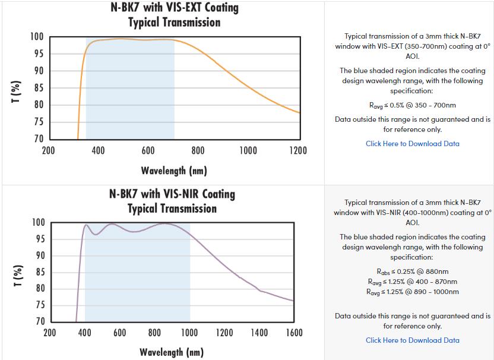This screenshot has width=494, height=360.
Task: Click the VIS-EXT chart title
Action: coord(174,15)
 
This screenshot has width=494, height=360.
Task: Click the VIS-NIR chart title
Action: coord(172,201)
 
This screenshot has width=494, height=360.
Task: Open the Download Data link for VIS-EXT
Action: coord(412,143)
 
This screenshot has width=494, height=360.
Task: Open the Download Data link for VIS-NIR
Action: coord(412,340)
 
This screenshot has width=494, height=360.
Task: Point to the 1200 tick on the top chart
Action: coord(297,150)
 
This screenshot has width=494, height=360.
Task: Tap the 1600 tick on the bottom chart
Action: coord(293,333)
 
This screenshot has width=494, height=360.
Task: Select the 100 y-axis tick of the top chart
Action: coord(37,37)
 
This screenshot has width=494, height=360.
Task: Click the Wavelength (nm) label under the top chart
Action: coord(173,171)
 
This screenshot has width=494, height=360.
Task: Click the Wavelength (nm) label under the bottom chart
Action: coord(171,352)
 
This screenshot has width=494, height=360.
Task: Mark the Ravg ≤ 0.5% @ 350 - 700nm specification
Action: coord(412,105)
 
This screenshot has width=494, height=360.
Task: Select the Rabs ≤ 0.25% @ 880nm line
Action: coord(412,271)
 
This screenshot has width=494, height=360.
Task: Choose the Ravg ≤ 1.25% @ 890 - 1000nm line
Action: coord(412,292)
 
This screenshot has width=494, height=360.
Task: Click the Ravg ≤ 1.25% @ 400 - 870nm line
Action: coord(412,282)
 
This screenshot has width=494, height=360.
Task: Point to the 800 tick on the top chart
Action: coord(198,150)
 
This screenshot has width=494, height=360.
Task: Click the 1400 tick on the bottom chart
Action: coord(259,333)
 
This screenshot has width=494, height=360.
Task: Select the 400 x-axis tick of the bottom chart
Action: coord(85,333)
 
